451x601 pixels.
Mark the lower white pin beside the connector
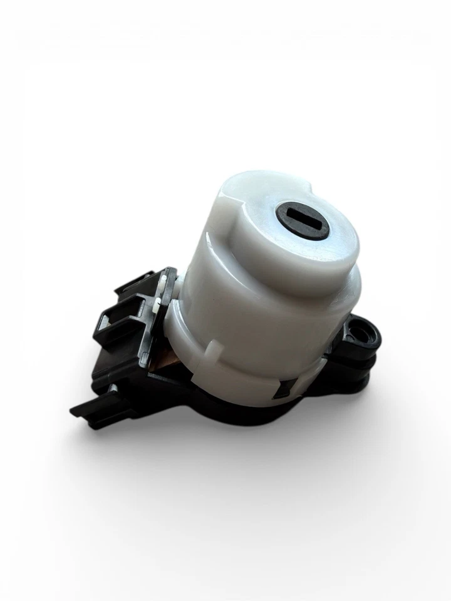(155, 307)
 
